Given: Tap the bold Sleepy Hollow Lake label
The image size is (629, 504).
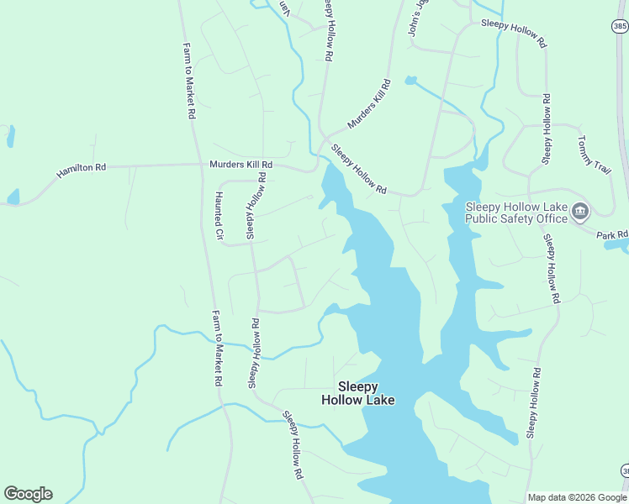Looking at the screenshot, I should click(357, 393).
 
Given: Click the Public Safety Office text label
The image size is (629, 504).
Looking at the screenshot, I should click(516, 213).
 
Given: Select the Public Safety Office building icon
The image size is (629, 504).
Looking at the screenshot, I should click(579, 213).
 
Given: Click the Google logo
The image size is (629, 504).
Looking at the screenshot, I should click(28, 494).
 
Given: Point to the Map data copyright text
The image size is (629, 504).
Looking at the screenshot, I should click(576, 497).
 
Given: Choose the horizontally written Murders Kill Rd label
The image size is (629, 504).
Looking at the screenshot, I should click(241, 165).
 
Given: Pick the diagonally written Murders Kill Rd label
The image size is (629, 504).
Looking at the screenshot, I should click(369, 104).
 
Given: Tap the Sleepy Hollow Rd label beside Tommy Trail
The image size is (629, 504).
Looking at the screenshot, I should click(547, 129).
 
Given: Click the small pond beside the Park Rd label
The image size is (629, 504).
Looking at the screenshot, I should click(616, 245).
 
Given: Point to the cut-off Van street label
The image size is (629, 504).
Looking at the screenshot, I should click(284, 7).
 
